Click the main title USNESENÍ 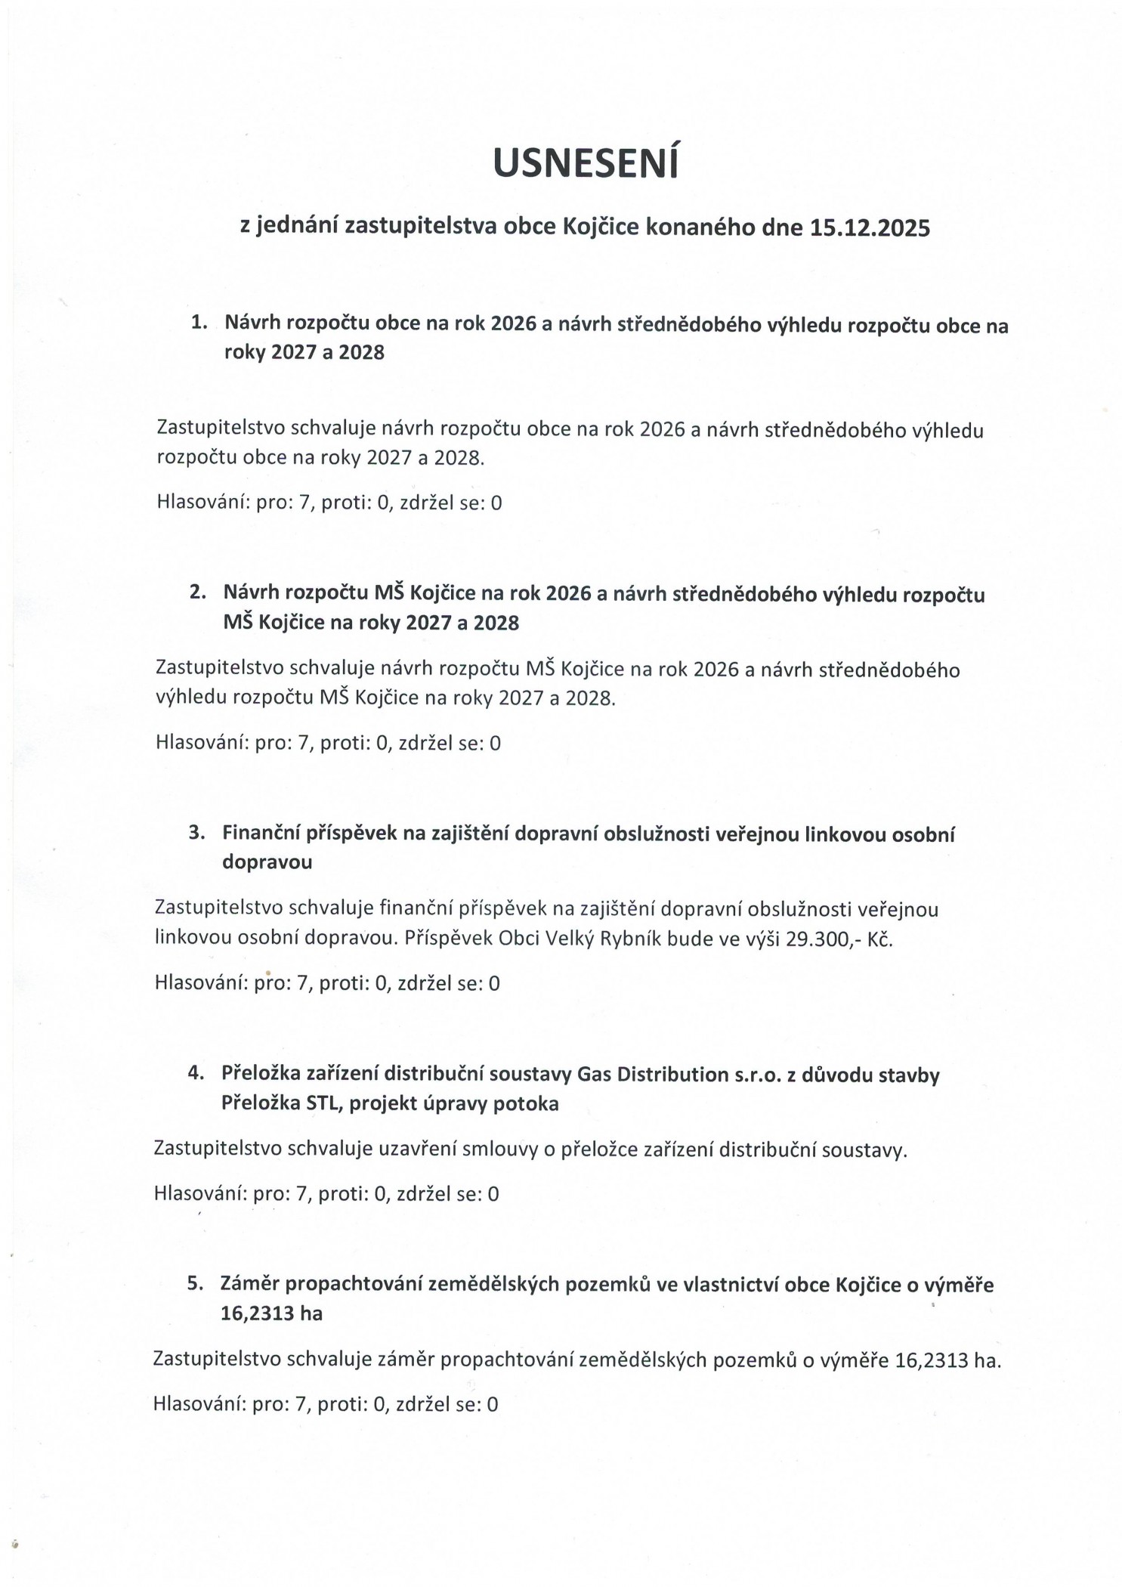[586, 164]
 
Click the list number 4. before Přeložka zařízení [196, 1073]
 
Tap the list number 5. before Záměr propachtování [196, 1283]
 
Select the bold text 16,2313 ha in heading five [271, 1313]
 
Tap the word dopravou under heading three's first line [267, 862]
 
